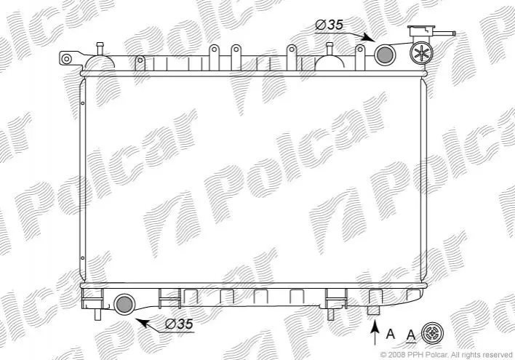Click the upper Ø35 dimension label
coord(329,25)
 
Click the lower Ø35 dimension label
coord(179,324)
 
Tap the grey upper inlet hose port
coord(384,55)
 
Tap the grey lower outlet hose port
coord(124,304)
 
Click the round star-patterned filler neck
coord(421,53)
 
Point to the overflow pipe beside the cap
coord(444,33)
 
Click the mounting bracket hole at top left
coord(66,59)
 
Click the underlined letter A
coord(411,335)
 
